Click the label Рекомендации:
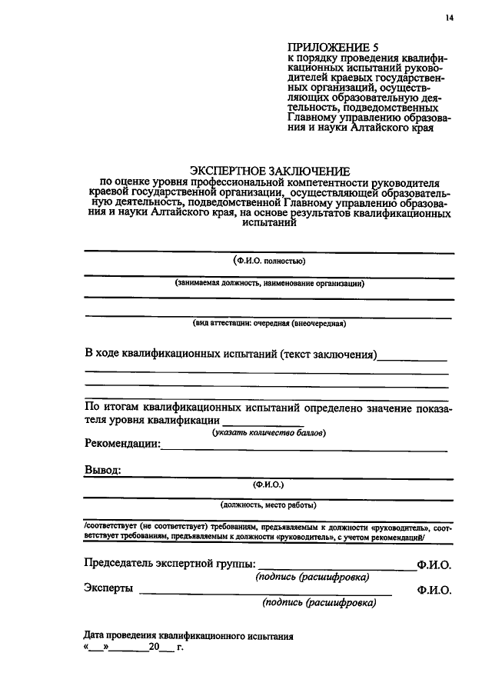[x=121, y=444]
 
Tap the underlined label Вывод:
[x=102, y=471]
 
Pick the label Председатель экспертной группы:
[x=171, y=564]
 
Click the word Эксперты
[x=108, y=589]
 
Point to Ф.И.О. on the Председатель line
[x=434, y=565]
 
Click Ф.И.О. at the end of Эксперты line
[x=434, y=591]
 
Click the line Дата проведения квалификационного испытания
[x=188, y=637]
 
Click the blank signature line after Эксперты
[x=265, y=594]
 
